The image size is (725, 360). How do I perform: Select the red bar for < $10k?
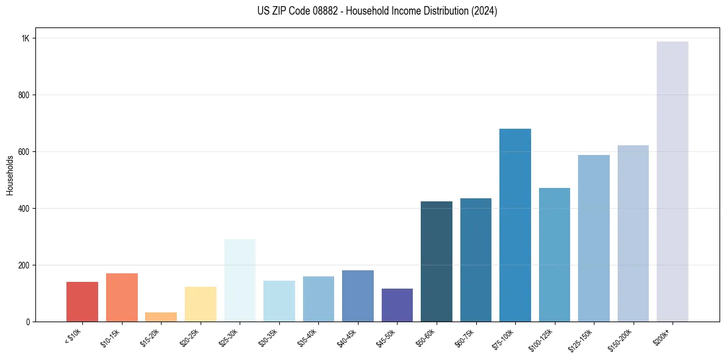pyautogui.click(x=82, y=301)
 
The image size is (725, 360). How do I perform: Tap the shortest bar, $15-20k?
pyautogui.click(x=161, y=317)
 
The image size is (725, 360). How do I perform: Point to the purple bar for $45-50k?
pyautogui.click(x=397, y=305)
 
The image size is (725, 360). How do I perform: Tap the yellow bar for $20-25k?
pyautogui.click(x=201, y=304)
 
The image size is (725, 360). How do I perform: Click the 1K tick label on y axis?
pyautogui.click(x=25, y=38)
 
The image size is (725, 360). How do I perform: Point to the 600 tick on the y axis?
pyautogui.click(x=23, y=152)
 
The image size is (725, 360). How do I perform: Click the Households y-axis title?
pyautogui.click(x=10, y=175)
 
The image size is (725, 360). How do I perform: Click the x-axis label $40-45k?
pyautogui.click(x=348, y=337)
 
